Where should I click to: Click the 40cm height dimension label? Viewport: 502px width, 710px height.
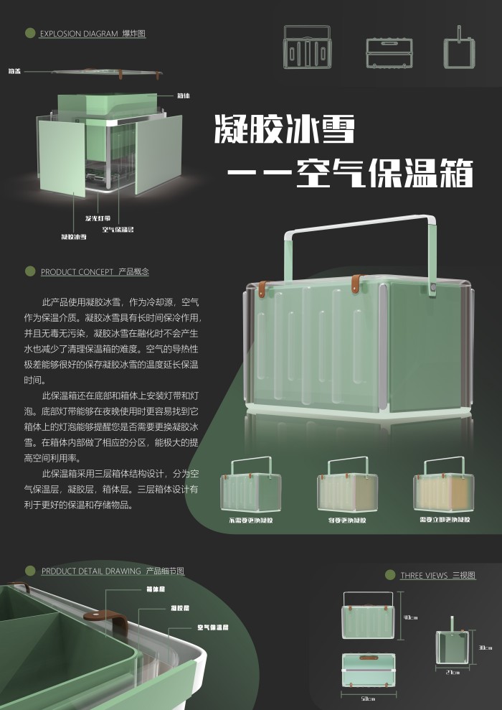coord(411,617)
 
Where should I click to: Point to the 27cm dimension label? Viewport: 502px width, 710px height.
coord(453,673)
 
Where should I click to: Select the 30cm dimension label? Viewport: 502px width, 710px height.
coord(485,648)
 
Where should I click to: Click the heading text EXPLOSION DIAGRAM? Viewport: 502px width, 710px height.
coord(80,34)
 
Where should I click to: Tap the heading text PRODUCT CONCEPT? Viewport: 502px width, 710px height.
coord(77,272)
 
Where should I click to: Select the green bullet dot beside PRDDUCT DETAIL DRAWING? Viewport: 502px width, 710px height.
coord(30,571)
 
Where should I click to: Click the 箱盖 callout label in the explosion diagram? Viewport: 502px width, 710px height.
coord(14,71)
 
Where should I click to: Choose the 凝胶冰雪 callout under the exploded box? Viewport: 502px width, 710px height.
coord(73,235)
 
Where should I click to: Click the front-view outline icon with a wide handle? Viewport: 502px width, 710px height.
coord(308,47)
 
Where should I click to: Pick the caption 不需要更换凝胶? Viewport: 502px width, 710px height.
coord(251,520)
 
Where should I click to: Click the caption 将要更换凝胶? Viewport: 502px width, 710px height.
coord(347,520)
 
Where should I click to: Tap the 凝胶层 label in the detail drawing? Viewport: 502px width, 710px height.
coord(179,608)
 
